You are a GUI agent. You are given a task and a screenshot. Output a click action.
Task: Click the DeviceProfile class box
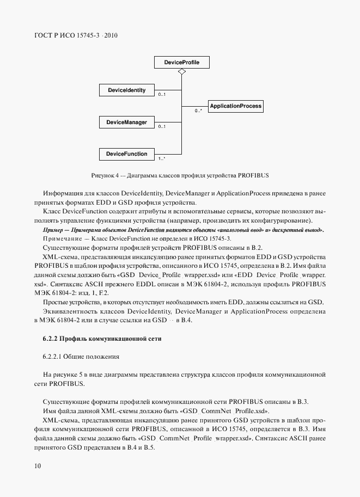181,63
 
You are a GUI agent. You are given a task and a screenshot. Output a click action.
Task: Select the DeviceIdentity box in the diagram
126,90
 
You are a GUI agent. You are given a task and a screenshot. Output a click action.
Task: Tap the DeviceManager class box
126,122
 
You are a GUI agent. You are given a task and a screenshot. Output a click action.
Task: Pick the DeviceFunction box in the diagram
126,154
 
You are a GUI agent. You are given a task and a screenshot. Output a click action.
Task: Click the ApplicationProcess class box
235,106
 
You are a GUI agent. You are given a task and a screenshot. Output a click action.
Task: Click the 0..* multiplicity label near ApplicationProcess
199,111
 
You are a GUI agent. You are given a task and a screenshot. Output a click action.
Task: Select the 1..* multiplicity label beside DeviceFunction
162,159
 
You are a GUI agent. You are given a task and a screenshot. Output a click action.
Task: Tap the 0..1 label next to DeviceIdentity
162,95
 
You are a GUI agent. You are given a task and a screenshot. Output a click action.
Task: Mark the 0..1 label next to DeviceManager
162,127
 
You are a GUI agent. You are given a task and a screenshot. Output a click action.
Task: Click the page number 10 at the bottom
37,466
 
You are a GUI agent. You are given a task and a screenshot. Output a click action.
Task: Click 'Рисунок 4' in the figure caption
106,175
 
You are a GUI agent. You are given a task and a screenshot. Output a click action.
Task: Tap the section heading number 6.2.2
50,339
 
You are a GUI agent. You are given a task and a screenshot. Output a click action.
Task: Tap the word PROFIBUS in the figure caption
254,175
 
